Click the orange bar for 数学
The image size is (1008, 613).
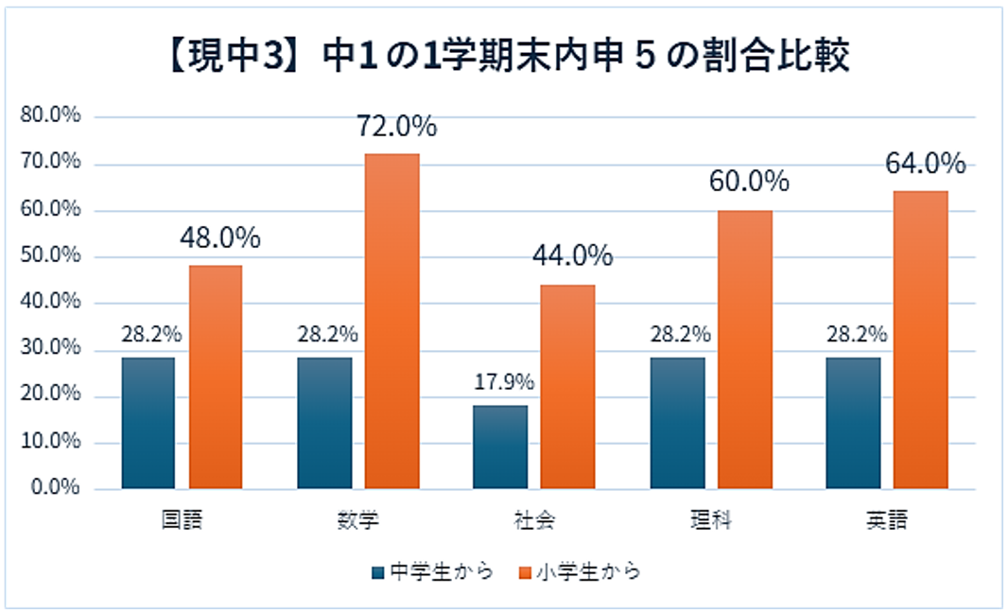[x=391, y=322]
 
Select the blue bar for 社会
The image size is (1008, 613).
[x=500, y=447]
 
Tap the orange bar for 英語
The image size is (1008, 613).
[x=920, y=341]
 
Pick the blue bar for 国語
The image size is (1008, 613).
[x=148, y=423]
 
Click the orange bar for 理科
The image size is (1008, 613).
[x=744, y=349]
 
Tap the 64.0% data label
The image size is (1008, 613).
[x=925, y=163]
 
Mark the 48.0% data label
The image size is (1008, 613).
[x=219, y=237]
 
